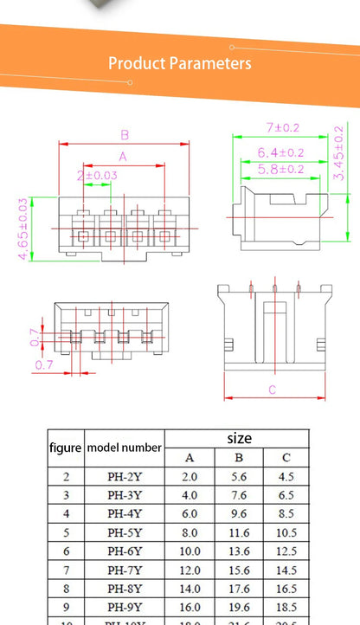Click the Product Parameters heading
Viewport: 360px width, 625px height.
click(180, 63)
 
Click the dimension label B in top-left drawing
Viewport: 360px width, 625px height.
click(125, 135)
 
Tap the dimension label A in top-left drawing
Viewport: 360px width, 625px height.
click(123, 157)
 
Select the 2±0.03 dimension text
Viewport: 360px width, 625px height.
click(97, 176)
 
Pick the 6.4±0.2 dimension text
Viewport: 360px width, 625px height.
click(281, 152)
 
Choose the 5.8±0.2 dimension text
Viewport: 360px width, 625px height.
click(281, 170)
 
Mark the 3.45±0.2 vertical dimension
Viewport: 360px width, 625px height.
click(337, 152)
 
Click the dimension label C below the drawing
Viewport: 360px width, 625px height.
click(272, 390)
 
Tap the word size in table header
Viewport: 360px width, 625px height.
click(239, 438)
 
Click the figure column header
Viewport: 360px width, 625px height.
click(65, 448)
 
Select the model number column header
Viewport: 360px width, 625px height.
click(124, 448)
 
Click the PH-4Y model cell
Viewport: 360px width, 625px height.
click(124, 513)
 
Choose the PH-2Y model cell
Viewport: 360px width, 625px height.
click(124, 476)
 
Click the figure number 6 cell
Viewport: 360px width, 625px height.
click(66, 551)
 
